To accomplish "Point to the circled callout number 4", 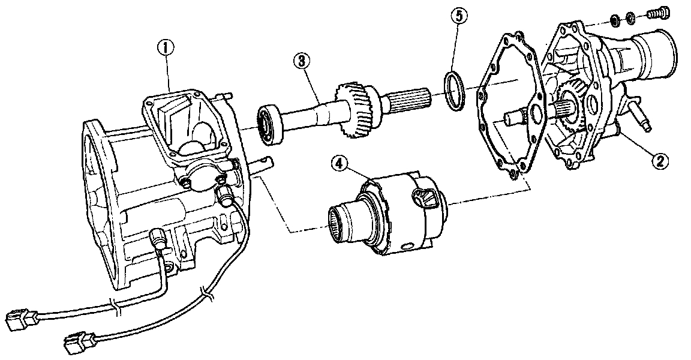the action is click(340, 163).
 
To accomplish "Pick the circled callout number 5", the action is click(458, 16).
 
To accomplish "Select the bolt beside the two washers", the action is click(658, 14).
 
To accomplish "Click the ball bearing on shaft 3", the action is click(268, 124).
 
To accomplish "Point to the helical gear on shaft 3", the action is click(357, 108).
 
